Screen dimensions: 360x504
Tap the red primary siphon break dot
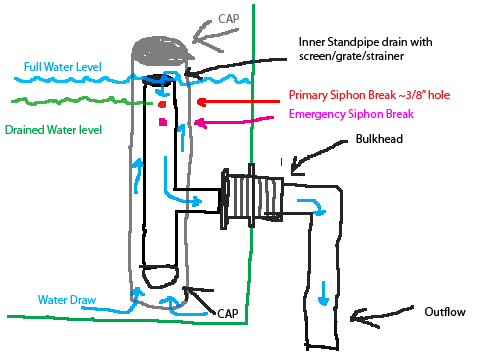(160, 103)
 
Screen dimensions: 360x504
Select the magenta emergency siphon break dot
(161, 123)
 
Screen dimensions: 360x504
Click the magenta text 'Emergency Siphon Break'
(365, 115)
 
